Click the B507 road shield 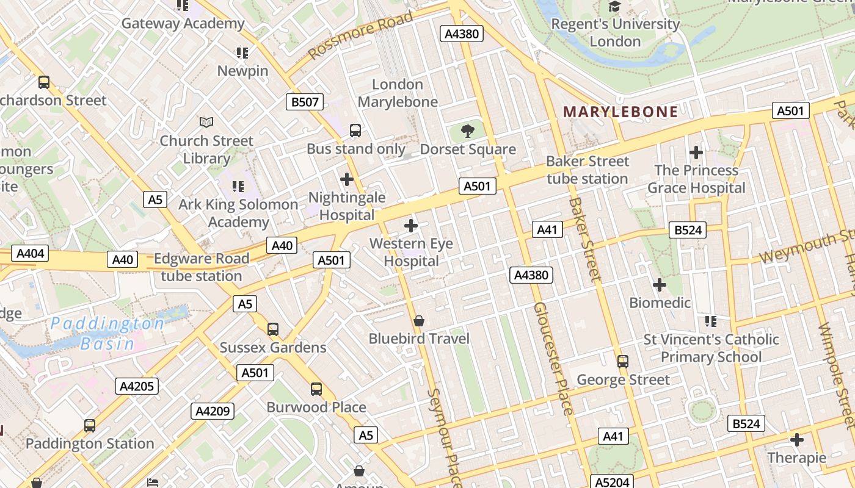[x=305, y=102]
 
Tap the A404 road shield [x=29, y=253]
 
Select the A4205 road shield [x=137, y=386]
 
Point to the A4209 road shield [x=213, y=411]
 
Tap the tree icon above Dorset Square [x=468, y=130]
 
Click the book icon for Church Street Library [x=206, y=123]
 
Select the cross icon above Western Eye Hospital [x=411, y=226]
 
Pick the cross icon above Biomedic [x=660, y=284]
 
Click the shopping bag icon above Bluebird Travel [x=419, y=320]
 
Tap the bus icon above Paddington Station [x=90, y=425]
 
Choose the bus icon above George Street [x=623, y=361]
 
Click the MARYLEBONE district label [x=620, y=112]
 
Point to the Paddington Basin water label [x=107, y=333]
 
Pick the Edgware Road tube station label [x=202, y=267]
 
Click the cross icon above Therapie [x=797, y=439]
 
